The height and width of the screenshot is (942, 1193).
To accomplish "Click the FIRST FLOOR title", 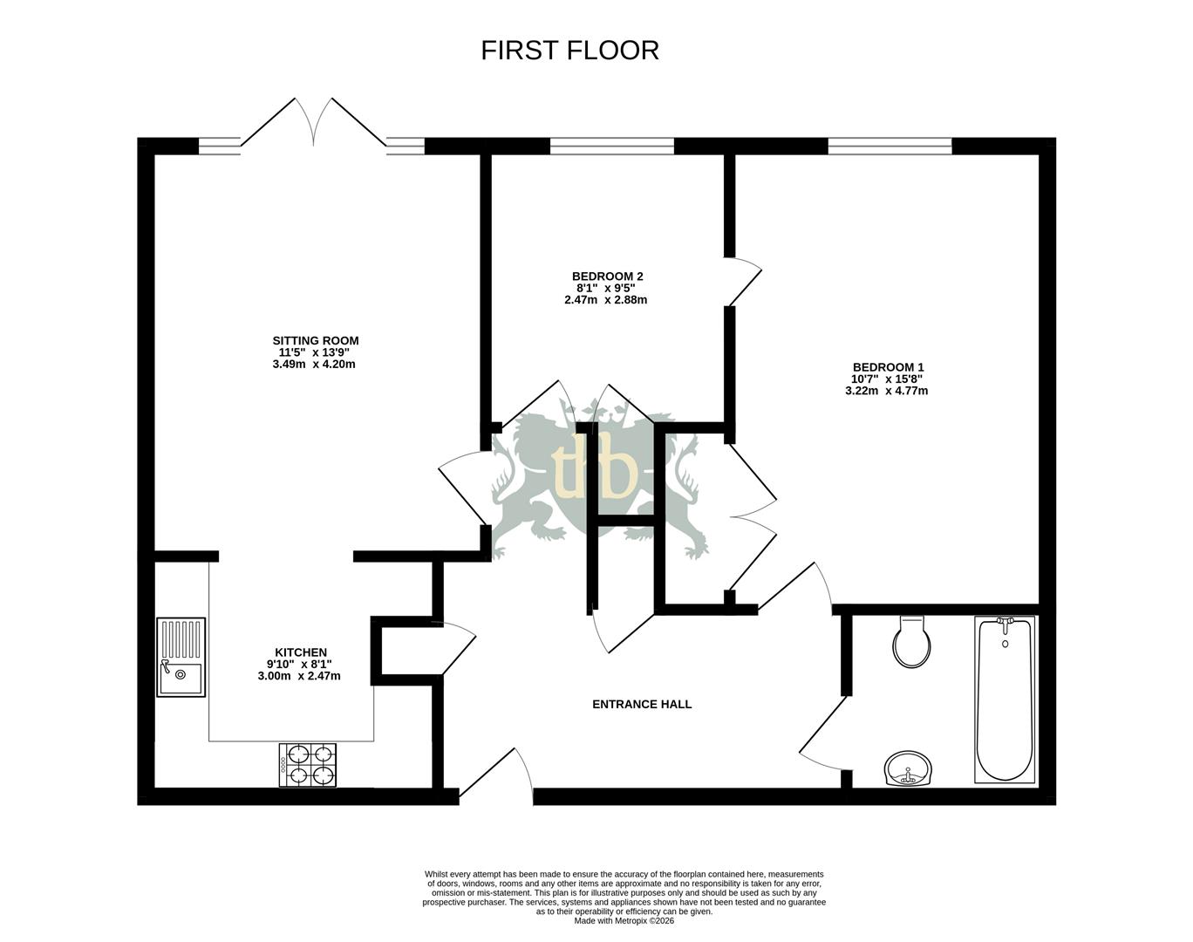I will [569, 51].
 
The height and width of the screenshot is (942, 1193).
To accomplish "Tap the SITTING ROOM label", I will [315, 341].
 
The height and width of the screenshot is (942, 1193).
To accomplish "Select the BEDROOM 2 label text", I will [607, 276].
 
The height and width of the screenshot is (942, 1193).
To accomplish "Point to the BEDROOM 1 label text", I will [887, 367].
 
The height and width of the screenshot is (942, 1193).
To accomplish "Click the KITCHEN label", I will [301, 652].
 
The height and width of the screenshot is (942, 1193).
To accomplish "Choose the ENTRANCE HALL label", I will [642, 704].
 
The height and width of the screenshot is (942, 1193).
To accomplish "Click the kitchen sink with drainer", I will [181, 657].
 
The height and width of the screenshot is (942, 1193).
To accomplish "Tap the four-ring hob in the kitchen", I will [308, 765].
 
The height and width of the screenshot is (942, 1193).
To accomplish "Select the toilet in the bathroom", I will [911, 643].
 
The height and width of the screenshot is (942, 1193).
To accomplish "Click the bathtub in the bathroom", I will [1005, 699].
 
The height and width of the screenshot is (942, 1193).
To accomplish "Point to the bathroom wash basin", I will [908, 769].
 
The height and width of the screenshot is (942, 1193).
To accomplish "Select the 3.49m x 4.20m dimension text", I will [314, 365].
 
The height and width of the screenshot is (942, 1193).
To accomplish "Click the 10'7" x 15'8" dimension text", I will [886, 379].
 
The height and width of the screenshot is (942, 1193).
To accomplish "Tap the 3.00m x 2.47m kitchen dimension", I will [299, 676].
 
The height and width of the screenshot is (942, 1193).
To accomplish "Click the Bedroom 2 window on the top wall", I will [611, 146].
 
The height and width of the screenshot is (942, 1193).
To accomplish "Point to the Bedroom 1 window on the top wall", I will [890, 146].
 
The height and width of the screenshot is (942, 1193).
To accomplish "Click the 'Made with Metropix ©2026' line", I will [624, 920].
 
